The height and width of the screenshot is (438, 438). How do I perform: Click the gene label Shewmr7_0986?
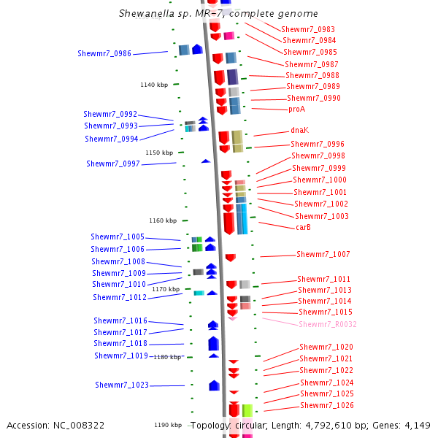pos(104,53)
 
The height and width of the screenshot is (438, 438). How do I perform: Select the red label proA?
pos(296,109)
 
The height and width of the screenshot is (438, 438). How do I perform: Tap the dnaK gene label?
pos(300,130)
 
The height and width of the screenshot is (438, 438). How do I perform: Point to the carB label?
pos(304,227)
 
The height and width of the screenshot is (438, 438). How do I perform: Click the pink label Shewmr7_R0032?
pos(328,324)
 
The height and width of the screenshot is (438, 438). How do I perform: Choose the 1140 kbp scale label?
pos(154,85)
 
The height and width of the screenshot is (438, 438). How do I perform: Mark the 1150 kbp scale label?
pos(159,153)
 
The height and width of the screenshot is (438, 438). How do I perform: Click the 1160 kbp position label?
pos(163,220)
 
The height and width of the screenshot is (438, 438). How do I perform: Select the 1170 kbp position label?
pos(166,289)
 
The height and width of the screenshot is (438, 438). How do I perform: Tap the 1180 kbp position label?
pos(167,357)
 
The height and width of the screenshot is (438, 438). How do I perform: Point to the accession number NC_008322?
pos(81,425)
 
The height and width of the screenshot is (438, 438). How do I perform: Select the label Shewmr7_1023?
pos(122,385)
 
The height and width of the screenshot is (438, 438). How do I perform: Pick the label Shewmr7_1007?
pos(323,254)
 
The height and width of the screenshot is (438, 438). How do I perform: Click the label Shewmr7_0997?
pos(113,164)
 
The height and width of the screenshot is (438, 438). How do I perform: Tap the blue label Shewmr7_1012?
pos(120,297)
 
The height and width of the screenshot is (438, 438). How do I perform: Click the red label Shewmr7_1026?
pos(327,405)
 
